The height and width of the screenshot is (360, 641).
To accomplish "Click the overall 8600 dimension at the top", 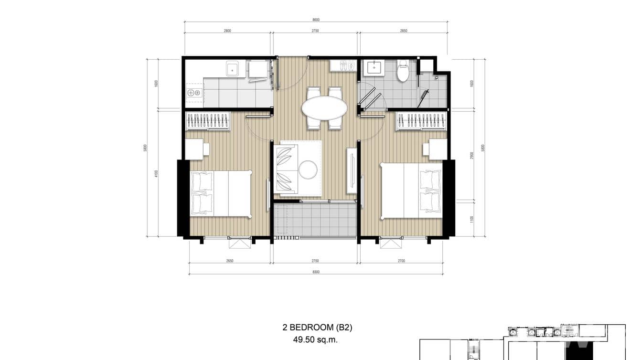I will [316, 20].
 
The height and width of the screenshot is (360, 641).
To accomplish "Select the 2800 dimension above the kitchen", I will [227, 31].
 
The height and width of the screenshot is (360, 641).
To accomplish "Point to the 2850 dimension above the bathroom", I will [404, 31].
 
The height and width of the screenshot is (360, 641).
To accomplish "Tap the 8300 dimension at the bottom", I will [316, 272].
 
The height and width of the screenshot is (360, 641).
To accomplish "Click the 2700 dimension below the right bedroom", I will [401, 261].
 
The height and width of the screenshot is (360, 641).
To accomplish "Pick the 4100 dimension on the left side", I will [156, 174].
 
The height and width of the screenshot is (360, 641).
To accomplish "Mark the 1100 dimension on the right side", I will [472, 219].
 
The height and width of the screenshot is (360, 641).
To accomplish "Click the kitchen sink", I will [233, 69].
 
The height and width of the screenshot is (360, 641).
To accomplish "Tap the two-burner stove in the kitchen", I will [194, 93].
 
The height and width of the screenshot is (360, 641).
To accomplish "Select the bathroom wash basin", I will [374, 68].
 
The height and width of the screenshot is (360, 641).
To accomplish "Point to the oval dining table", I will [324, 108].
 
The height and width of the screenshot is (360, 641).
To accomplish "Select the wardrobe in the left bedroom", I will [208, 121].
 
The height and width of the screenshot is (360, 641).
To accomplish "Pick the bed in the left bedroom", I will [221, 194].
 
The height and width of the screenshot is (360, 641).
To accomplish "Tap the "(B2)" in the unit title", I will [343, 328].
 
